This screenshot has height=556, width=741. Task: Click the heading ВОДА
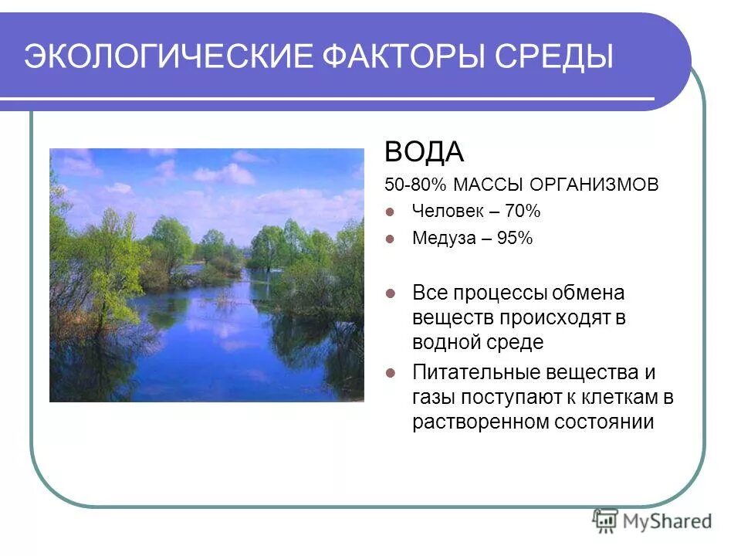click(425, 152)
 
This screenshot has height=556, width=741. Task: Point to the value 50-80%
click(416, 185)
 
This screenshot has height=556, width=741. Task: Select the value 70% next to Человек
click(523, 211)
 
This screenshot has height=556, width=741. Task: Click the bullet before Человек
click(391, 211)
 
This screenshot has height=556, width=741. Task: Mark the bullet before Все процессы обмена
click(391, 293)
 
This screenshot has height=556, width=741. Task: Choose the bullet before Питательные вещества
click(391, 373)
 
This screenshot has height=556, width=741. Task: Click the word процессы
click(506, 293)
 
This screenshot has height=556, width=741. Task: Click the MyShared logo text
click(667, 521)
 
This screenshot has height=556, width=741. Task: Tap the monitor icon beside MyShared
click(606, 520)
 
